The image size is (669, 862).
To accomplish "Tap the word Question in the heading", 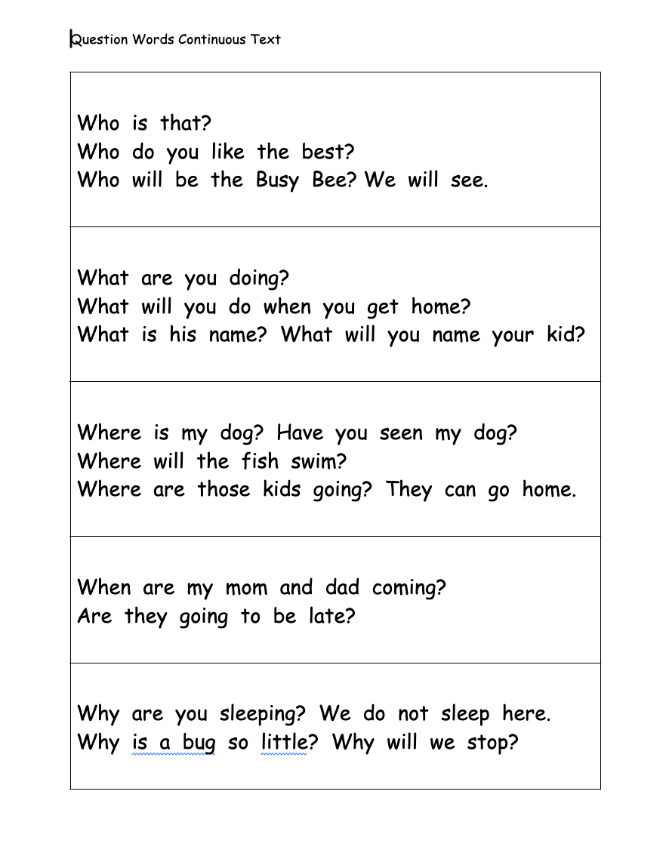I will [x=100, y=39].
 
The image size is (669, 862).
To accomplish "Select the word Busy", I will [x=277, y=181].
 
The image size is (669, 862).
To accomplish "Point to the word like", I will [x=227, y=152].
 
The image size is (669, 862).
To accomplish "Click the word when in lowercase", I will [x=287, y=307].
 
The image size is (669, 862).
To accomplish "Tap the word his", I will [x=182, y=335].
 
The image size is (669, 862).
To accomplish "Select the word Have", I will [x=299, y=433].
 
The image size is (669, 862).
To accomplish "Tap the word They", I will [x=408, y=490].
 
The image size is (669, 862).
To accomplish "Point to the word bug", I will [x=199, y=743].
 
